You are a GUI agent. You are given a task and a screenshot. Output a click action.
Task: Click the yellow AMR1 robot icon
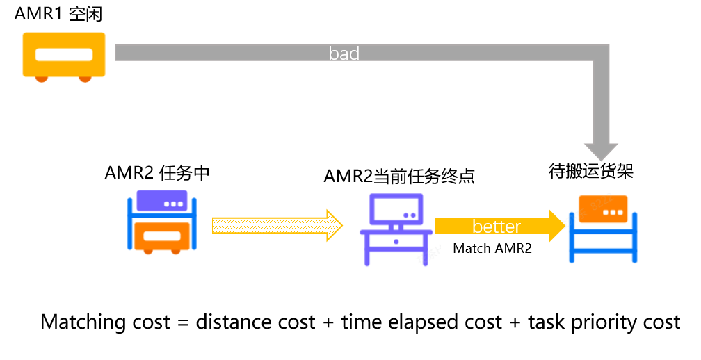64,57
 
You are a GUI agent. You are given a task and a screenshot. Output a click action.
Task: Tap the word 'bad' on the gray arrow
344,53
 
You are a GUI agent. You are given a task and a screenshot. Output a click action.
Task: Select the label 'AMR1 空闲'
58,14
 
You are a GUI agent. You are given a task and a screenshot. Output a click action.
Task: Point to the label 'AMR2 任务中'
157,173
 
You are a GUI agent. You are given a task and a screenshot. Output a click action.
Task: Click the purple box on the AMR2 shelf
162,201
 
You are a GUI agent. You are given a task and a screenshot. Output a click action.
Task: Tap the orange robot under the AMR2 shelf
162,238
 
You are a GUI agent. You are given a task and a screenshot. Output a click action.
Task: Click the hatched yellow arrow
277,225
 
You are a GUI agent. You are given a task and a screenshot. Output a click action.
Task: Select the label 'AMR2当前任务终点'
398,177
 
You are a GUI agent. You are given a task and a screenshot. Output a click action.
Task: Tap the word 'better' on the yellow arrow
497,227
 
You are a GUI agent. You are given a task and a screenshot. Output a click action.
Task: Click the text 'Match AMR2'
492,248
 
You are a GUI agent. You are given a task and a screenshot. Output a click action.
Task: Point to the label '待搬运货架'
591,171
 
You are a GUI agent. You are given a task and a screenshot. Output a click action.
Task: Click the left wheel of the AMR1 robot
42,79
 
